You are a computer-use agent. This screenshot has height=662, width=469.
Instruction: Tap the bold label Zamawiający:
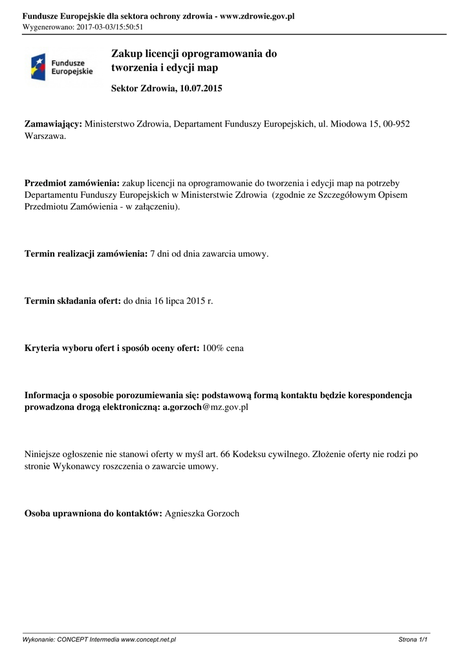click(x=54, y=123)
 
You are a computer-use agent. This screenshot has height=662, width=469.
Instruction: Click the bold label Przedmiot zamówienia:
click(x=72, y=183)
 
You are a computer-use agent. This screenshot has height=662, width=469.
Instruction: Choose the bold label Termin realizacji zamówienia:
click(x=86, y=254)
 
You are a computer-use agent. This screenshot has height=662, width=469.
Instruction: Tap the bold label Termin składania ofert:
click(x=72, y=301)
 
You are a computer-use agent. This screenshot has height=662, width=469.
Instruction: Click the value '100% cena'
click(x=223, y=348)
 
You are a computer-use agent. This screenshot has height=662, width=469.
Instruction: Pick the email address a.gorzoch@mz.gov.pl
click(x=206, y=407)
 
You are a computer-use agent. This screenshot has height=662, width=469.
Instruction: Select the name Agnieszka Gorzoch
click(x=202, y=514)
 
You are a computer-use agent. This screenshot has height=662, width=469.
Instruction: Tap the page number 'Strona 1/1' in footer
click(x=413, y=639)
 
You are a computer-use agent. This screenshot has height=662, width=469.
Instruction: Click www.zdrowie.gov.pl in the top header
click(x=257, y=16)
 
